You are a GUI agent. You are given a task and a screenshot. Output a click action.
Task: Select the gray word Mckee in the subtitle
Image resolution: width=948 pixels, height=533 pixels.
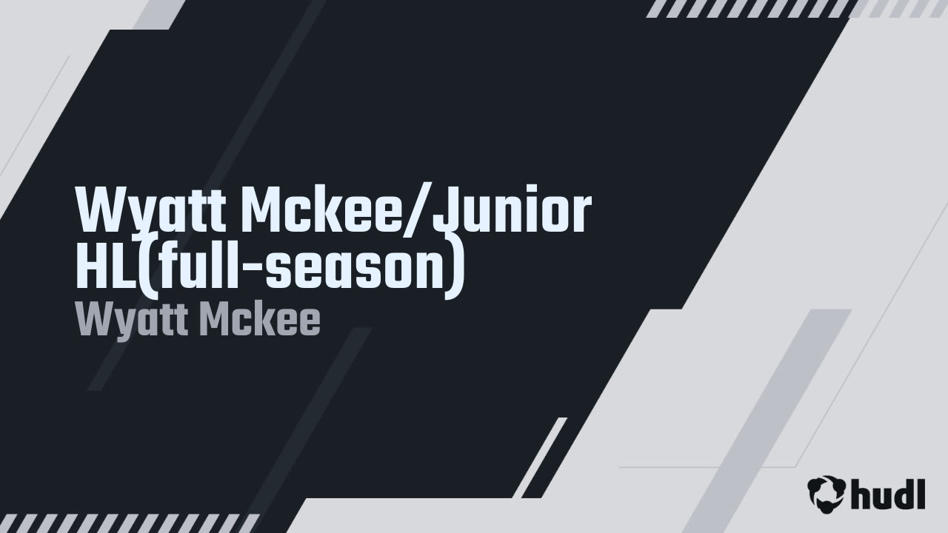(x=259, y=321)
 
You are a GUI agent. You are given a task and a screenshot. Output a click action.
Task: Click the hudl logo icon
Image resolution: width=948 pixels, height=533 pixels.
(x=826, y=494)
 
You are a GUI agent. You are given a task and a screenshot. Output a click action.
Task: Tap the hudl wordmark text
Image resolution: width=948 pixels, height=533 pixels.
(x=888, y=494)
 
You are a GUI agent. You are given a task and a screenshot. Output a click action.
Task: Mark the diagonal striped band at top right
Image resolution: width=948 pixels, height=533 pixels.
(x=796, y=8)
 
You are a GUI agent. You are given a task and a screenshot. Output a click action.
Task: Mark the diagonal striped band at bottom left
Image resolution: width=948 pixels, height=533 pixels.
(x=129, y=523)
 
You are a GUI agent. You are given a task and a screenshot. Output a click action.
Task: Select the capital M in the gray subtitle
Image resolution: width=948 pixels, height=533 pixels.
(x=218, y=321)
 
